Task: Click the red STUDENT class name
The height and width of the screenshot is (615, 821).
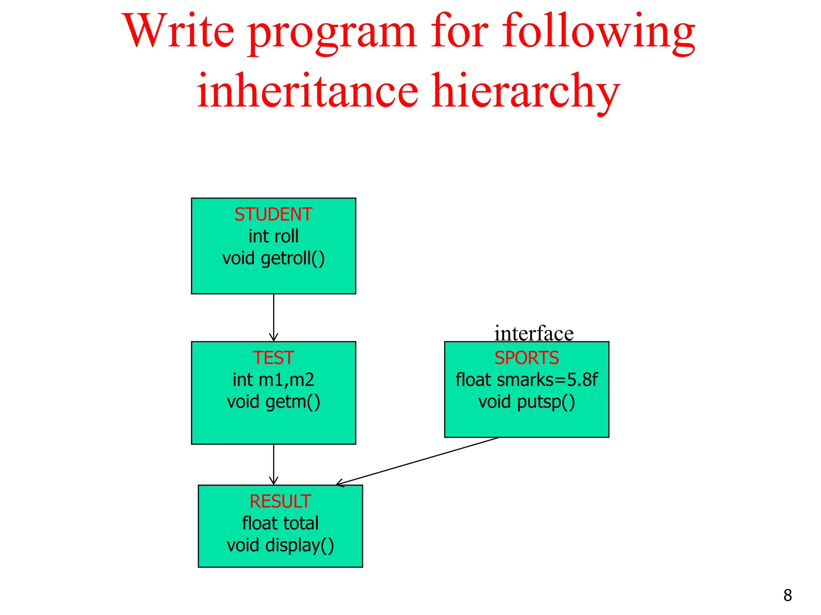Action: (x=273, y=215)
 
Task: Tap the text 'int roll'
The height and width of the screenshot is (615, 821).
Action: (x=273, y=236)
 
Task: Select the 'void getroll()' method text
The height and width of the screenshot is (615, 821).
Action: (x=273, y=258)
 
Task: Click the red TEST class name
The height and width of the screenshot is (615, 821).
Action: (x=273, y=358)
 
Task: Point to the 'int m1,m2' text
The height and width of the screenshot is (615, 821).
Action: (x=273, y=380)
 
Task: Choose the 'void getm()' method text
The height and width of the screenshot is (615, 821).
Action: (x=273, y=402)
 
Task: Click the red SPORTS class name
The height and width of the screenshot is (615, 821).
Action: (x=526, y=358)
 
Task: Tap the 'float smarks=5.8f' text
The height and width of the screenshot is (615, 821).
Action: (x=526, y=380)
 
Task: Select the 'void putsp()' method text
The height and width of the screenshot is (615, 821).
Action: (x=526, y=402)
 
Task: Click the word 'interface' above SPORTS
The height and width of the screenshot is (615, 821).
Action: (x=534, y=333)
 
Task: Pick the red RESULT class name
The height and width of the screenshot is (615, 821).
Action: (x=280, y=501)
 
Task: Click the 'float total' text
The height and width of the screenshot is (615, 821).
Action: (x=280, y=523)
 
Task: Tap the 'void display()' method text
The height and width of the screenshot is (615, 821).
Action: (x=280, y=545)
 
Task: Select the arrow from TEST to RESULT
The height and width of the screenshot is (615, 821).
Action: (x=274, y=464)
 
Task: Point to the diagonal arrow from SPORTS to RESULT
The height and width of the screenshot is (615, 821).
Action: (x=417, y=461)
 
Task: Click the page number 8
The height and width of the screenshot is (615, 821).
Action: (x=787, y=595)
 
